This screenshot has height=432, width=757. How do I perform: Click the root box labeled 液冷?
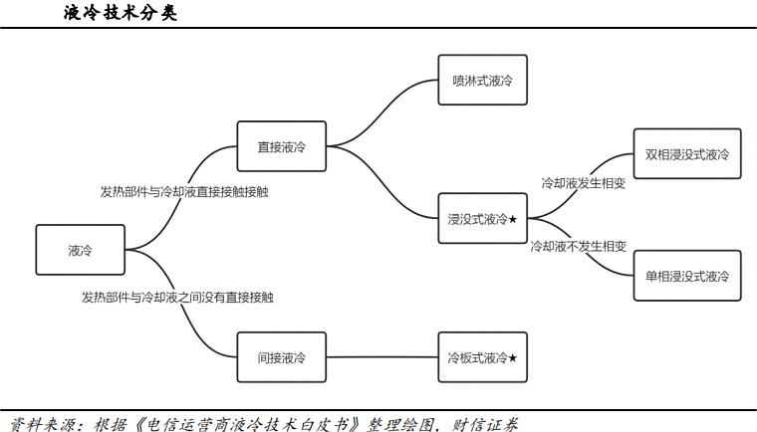[81, 250]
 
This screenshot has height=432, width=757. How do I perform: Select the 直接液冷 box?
[282, 146]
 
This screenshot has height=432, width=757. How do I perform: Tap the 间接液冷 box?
[282, 357]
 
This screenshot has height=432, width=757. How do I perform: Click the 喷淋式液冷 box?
[482, 78]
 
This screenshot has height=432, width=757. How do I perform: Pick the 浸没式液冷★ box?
[482, 220]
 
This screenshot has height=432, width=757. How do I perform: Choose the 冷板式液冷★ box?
[482, 357]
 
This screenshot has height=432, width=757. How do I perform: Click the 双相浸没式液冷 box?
[687, 154]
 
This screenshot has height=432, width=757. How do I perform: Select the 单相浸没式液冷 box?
[687, 276]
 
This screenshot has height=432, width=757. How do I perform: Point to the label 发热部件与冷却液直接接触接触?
[183, 191]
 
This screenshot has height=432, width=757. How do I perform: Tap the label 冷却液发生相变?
[583, 183]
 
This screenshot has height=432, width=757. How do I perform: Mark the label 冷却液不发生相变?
[578, 245]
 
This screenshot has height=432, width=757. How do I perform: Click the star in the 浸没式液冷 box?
[513, 220]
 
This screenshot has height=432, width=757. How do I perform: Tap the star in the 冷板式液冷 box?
[513, 357]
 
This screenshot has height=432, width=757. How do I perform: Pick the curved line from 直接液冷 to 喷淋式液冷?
[383, 100]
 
